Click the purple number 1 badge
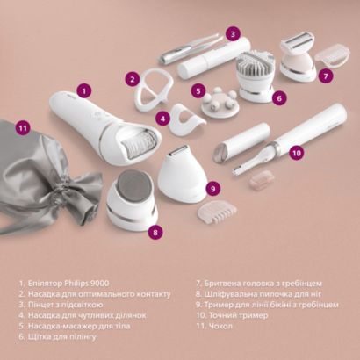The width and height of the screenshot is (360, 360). (x=84, y=91)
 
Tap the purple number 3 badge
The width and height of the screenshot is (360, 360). (x=233, y=34)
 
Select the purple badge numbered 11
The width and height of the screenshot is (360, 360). (x=23, y=128)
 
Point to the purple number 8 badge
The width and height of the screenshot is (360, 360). (x=155, y=232)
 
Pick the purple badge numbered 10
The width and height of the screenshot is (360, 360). (x=297, y=153)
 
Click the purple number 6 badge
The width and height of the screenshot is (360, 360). (x=279, y=98)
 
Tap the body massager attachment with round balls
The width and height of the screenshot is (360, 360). (x=220, y=103)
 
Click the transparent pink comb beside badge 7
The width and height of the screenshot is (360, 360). (x=333, y=55)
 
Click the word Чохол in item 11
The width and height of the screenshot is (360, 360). (x=220, y=326)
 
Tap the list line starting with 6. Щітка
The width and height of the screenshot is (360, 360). (x=57, y=336)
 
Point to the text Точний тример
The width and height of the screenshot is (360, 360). (x=238, y=315)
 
